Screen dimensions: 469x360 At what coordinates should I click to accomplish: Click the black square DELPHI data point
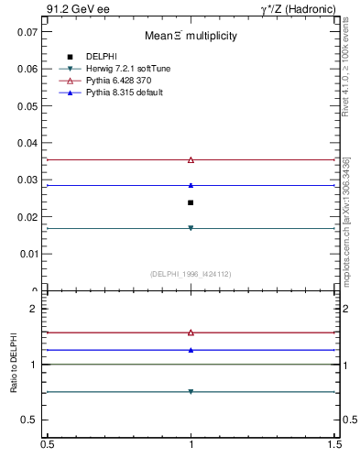(x=191, y=202)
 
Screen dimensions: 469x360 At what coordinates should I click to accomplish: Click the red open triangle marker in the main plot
(x=191, y=159)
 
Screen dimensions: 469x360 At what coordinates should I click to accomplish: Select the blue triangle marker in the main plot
(x=191, y=185)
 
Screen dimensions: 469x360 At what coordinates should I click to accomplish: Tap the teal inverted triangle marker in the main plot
(x=191, y=228)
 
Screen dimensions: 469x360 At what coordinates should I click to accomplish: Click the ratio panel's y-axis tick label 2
(x=33, y=310)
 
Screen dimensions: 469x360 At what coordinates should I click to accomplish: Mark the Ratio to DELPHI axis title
(x=14, y=364)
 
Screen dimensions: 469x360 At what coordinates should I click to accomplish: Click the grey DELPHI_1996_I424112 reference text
(x=191, y=273)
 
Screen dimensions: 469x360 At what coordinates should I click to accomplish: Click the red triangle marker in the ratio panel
(x=191, y=333)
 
